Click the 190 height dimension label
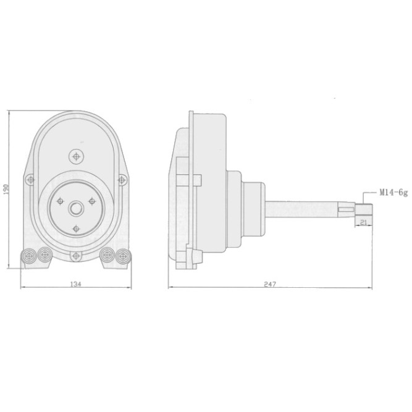point(6,190)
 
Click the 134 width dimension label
point(76,284)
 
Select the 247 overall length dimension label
point(270,284)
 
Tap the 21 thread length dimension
point(363,222)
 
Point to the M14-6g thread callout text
point(393,193)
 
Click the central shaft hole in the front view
point(76,209)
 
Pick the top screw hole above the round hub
point(76,157)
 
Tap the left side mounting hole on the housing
point(31,180)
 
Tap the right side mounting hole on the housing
point(122,180)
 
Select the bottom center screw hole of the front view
point(76,255)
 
